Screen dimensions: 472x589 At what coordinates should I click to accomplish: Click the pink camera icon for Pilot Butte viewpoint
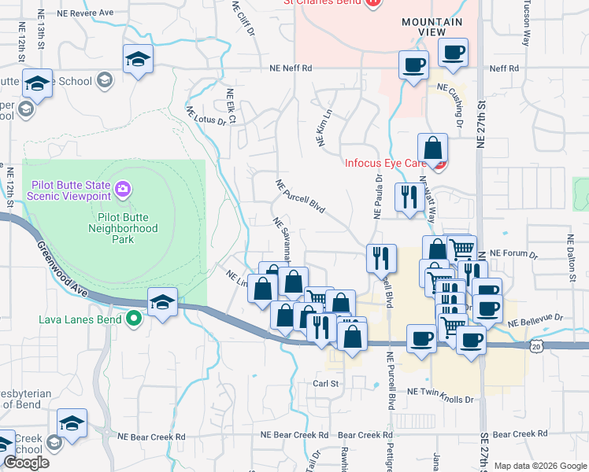[x=122, y=189]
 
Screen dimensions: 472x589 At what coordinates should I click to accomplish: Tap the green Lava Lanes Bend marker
[x=134, y=319]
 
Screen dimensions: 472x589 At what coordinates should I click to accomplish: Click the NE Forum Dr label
[x=513, y=254]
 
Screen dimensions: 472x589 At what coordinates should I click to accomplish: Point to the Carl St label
[x=325, y=384]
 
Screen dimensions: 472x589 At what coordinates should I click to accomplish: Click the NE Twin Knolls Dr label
[x=440, y=399]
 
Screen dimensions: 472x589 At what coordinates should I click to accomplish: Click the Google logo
[x=26, y=463]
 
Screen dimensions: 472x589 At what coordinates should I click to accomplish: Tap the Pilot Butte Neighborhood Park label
[x=128, y=223]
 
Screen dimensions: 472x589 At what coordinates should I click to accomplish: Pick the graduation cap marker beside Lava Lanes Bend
[x=162, y=302]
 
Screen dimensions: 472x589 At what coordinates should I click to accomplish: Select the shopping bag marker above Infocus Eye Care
[x=432, y=148]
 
